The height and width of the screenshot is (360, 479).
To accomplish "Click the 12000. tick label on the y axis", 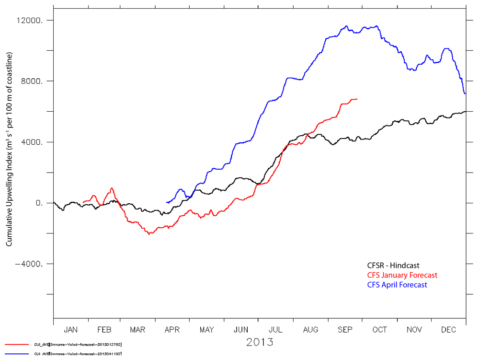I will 32,21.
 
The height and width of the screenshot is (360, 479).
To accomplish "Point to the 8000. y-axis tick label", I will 34,81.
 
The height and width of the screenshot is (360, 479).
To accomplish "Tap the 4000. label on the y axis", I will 34,142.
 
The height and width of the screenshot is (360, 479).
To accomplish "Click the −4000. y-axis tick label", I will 32,264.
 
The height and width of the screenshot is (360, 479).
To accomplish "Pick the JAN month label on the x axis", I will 70,330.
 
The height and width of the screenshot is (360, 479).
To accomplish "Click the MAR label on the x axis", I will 138,330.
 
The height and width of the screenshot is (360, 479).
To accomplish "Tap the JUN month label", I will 241,330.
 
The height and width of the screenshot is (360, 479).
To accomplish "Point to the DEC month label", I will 448,330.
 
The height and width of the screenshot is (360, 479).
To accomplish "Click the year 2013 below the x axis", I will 260,342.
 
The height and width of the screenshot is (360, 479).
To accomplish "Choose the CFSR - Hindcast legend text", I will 393,266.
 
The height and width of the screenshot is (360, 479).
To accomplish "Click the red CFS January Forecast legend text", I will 402,275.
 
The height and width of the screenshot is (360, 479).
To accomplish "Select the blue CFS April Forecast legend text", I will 397,285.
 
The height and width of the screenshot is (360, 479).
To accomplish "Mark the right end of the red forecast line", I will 357,99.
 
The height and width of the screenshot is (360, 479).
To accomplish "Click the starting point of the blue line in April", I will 166,202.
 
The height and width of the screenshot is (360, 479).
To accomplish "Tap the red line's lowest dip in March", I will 149,234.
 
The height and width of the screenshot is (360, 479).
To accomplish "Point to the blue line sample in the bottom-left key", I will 17,354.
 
